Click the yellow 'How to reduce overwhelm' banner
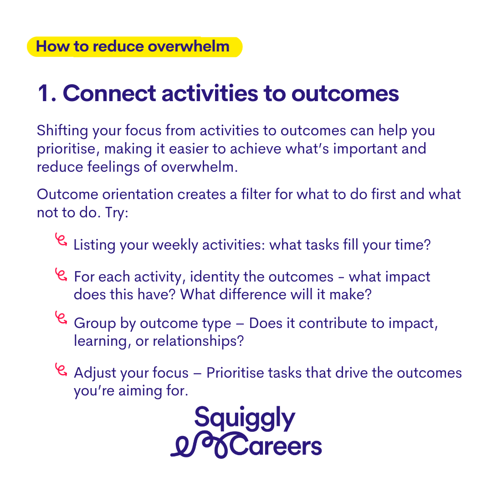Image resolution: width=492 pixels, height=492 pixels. (x=134, y=47)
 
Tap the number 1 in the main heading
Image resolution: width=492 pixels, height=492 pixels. (x=43, y=93)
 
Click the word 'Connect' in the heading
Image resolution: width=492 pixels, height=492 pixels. (x=109, y=93)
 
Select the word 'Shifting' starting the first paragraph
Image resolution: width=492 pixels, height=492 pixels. (x=62, y=131)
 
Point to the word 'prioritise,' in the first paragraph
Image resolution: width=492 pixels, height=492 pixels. (x=68, y=149)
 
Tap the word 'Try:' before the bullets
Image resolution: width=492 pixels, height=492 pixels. (x=117, y=213)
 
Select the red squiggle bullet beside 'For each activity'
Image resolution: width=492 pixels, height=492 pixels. (x=61, y=275)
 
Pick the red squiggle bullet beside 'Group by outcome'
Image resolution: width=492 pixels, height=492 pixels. (x=61, y=318)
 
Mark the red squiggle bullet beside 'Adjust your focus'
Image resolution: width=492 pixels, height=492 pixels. (x=61, y=369)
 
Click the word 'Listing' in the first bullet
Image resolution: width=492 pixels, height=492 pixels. (x=94, y=245)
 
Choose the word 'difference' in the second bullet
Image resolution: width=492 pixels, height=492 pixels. (x=252, y=294)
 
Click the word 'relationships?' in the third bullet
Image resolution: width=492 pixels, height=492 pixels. (x=198, y=341)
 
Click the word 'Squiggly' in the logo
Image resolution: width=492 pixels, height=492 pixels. (x=245, y=418)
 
